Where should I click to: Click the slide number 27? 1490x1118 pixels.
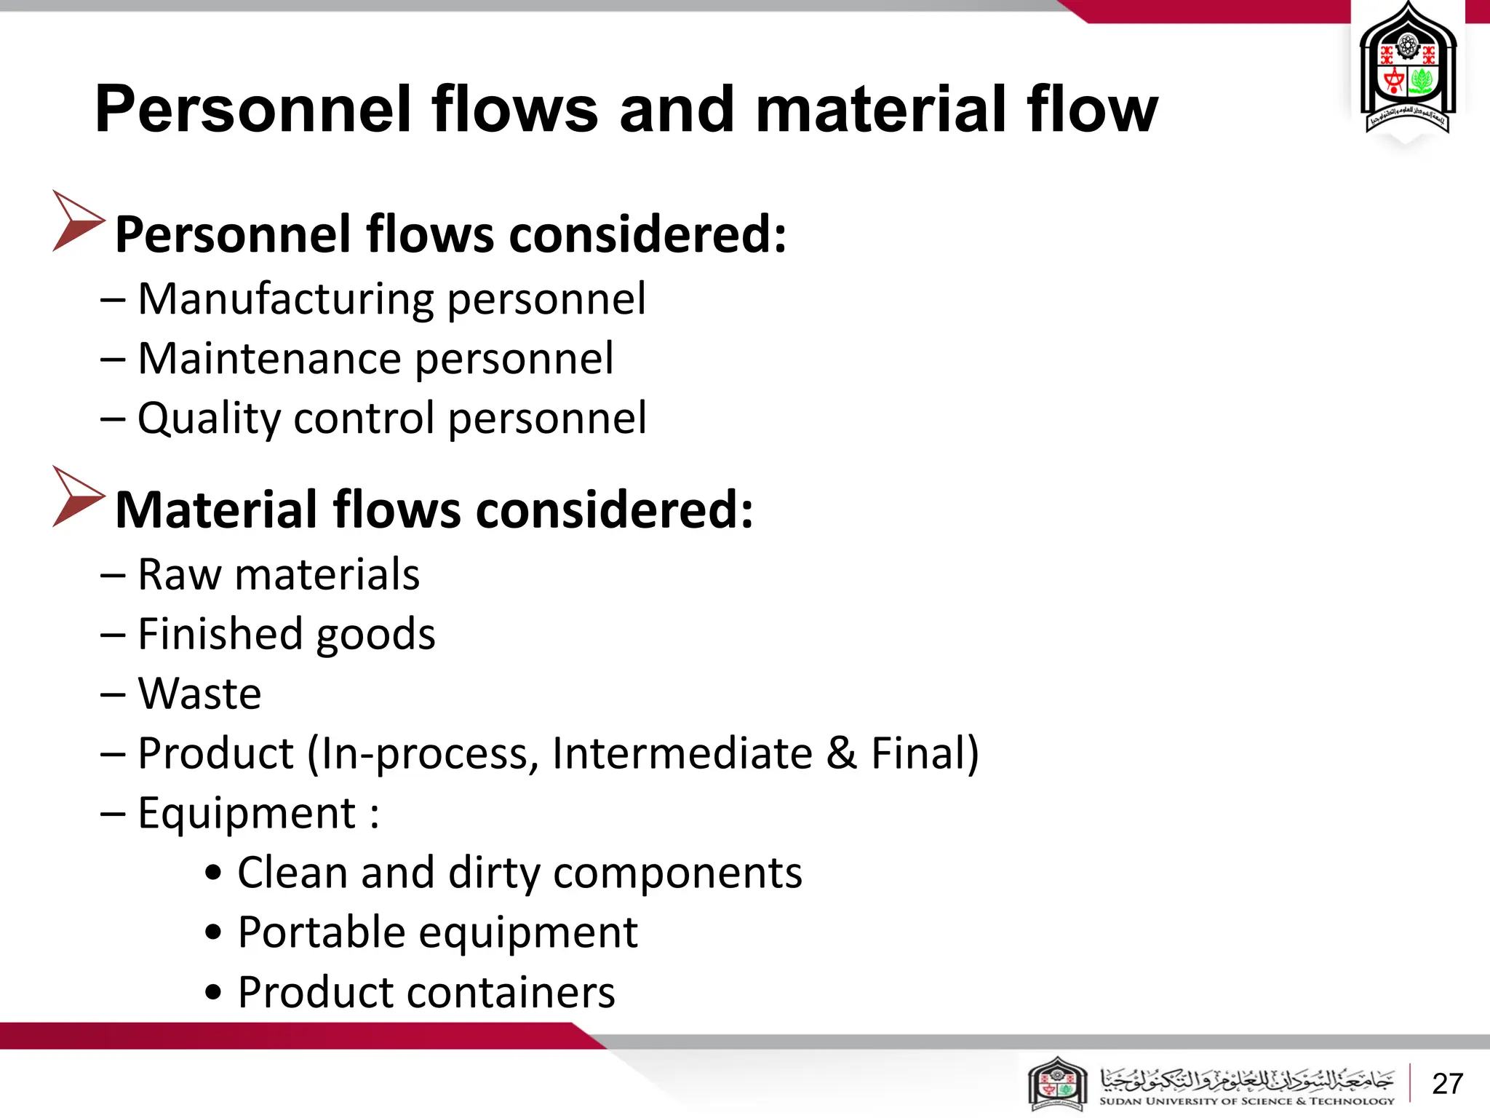(x=1447, y=1084)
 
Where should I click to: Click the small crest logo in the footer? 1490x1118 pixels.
(x=1057, y=1084)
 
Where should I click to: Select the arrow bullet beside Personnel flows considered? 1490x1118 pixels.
(x=78, y=221)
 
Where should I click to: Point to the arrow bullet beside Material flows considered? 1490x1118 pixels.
(x=78, y=497)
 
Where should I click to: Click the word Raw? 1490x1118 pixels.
(x=179, y=574)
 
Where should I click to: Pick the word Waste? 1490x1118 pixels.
(x=200, y=694)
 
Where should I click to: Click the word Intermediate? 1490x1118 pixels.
(x=682, y=753)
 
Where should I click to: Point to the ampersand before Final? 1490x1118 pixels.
(x=841, y=753)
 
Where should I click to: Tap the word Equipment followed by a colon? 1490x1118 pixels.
(x=247, y=813)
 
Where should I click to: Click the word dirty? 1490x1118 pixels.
(x=494, y=873)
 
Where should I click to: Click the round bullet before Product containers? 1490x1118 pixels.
(x=212, y=993)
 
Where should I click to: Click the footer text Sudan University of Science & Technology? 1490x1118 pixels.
(x=1246, y=1101)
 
